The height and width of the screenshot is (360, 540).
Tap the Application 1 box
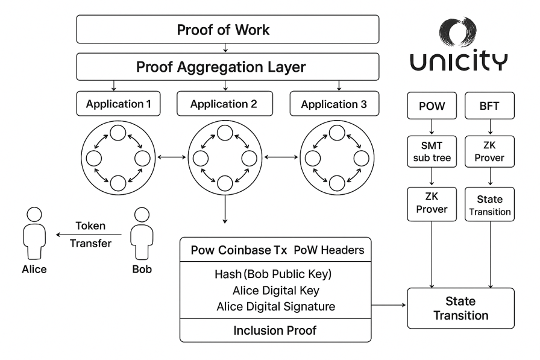[x=118, y=104]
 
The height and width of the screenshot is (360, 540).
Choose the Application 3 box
[x=334, y=104]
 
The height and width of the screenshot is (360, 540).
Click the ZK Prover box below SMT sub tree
[x=432, y=204]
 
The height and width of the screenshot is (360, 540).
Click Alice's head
[x=34, y=215]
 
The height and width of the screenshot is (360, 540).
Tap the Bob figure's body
[x=142, y=238]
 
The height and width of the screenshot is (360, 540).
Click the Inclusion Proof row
[x=275, y=330]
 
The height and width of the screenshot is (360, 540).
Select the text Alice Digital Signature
[x=275, y=306]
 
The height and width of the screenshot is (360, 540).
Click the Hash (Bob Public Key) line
[x=275, y=273]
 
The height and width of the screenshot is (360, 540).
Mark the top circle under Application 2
[x=225, y=132]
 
